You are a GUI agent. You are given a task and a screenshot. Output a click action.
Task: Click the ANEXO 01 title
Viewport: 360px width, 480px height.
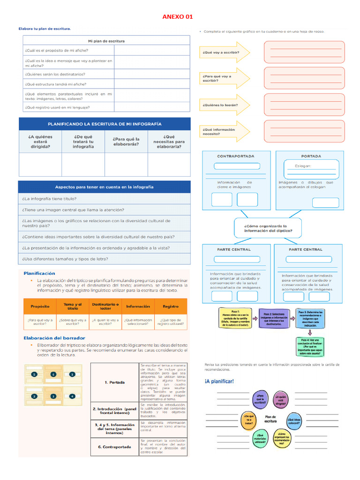tap(178, 17)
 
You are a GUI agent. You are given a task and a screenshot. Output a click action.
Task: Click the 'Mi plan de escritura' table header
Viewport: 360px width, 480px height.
tap(104, 41)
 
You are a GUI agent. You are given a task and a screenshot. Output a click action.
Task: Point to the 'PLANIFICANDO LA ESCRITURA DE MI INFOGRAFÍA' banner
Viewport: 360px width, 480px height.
tap(105, 124)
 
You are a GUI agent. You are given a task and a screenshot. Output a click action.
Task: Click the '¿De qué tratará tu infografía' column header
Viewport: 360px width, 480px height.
tap(83, 142)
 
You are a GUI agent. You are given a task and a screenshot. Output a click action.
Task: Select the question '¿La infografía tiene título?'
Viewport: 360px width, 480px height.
tap(49, 199)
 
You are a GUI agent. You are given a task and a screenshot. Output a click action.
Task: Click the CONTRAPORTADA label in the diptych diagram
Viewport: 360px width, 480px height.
tap(235, 156)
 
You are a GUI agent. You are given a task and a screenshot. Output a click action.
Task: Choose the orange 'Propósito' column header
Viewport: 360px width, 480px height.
tap(40, 306)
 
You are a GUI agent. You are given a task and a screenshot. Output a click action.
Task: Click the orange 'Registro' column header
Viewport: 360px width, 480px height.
tap(171, 306)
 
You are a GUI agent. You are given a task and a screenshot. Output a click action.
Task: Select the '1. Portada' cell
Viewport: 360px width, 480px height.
tap(114, 382)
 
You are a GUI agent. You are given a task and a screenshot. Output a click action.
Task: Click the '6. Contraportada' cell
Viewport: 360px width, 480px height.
tap(114, 447)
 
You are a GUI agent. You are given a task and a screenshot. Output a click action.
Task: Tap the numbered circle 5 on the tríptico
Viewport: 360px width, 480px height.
tap(34, 375)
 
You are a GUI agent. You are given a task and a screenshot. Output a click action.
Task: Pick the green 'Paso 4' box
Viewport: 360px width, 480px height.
tap(310, 346)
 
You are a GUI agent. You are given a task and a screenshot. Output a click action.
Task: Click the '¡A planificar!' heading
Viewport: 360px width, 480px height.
tap(219, 381)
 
